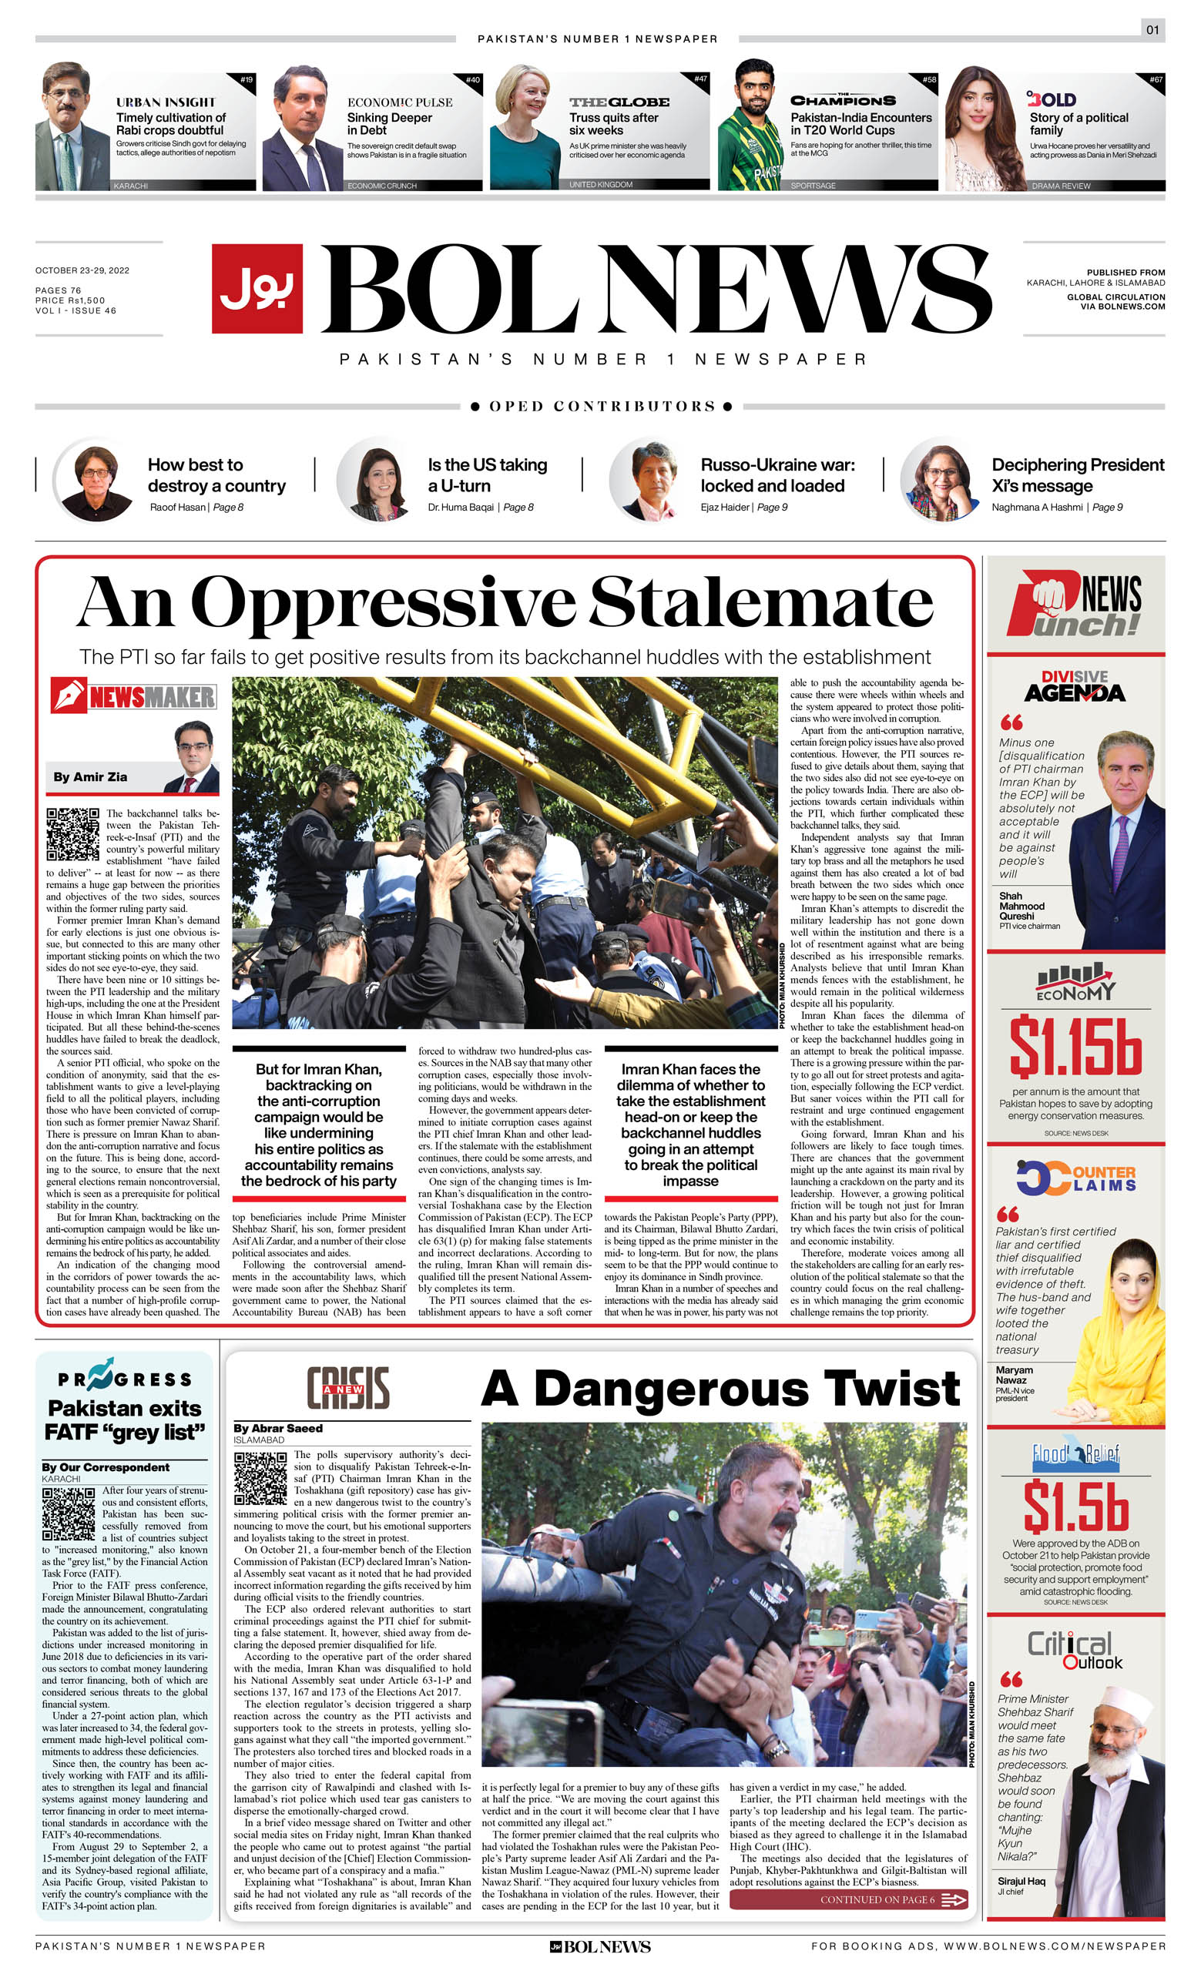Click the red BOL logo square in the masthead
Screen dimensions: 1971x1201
click(x=257, y=288)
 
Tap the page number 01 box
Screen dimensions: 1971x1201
click(x=1152, y=30)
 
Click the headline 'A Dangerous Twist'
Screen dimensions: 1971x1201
click(x=720, y=1388)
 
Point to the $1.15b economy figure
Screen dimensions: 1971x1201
click(x=1075, y=1046)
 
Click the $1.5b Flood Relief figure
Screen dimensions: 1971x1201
click(x=1075, y=1507)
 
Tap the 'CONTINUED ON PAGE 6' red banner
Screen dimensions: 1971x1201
click(x=847, y=1900)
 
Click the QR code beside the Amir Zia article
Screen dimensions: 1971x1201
click(x=73, y=833)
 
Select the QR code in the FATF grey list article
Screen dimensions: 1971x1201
click(x=68, y=1514)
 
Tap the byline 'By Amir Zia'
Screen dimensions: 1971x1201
click(x=89, y=776)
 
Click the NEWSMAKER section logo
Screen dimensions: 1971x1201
click(x=133, y=696)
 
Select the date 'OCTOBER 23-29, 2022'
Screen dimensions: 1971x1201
click(x=82, y=270)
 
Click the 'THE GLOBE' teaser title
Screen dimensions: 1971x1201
click(x=619, y=102)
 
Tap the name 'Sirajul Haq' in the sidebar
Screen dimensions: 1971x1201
click(x=1021, y=1882)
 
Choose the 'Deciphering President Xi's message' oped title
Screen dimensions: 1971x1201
click(x=1077, y=475)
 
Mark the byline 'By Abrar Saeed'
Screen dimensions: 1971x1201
click(x=277, y=1428)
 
